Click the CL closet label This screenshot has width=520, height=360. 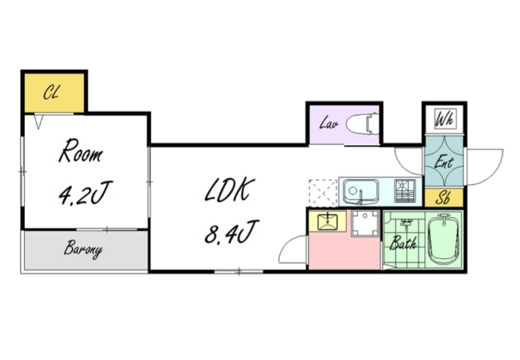pos(51,92)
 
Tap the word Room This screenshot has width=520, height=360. pos(80,151)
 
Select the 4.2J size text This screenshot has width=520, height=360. pos(85,192)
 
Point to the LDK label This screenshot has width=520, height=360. pos(229,190)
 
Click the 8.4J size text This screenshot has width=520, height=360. pos(231,232)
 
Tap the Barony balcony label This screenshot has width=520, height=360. pos(83,250)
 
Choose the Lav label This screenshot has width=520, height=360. pos(329,123)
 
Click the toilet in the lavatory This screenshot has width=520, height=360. pos(363,124)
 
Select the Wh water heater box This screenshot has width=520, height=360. pos(445,119)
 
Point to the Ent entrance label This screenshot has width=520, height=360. pos(444,162)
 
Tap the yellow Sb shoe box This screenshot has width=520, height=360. pos(444,198)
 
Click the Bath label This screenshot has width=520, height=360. pos(402,242)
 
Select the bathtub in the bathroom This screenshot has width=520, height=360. pos(444,239)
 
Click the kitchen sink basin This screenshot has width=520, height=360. pos(361,192)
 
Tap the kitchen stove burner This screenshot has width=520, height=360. pos(405,190)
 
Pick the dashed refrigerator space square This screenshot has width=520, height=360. pos(322,193)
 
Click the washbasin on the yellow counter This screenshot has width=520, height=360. pos(328,222)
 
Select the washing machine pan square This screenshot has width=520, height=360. pos(365,223)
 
